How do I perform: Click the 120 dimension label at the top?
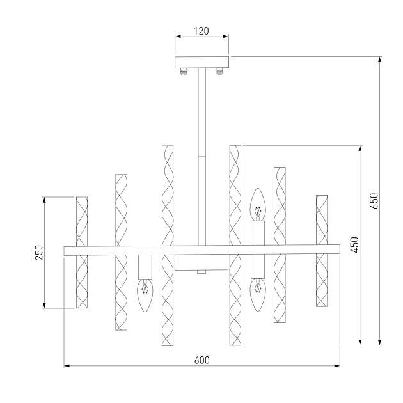click(x=201, y=30)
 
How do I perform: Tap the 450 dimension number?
click(x=354, y=244)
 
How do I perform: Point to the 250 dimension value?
click(x=38, y=252)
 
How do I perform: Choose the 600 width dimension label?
click(x=201, y=360)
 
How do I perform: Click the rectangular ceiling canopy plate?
click(x=201, y=63)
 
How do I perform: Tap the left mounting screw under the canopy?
click(x=184, y=72)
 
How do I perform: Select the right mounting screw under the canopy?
click(x=219, y=72)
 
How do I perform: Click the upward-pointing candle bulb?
click(x=258, y=204)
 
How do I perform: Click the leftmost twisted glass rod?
click(x=81, y=252)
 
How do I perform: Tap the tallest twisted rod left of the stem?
click(x=168, y=246)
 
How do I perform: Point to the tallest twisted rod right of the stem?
click(x=235, y=246)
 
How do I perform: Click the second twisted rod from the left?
click(x=122, y=252)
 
